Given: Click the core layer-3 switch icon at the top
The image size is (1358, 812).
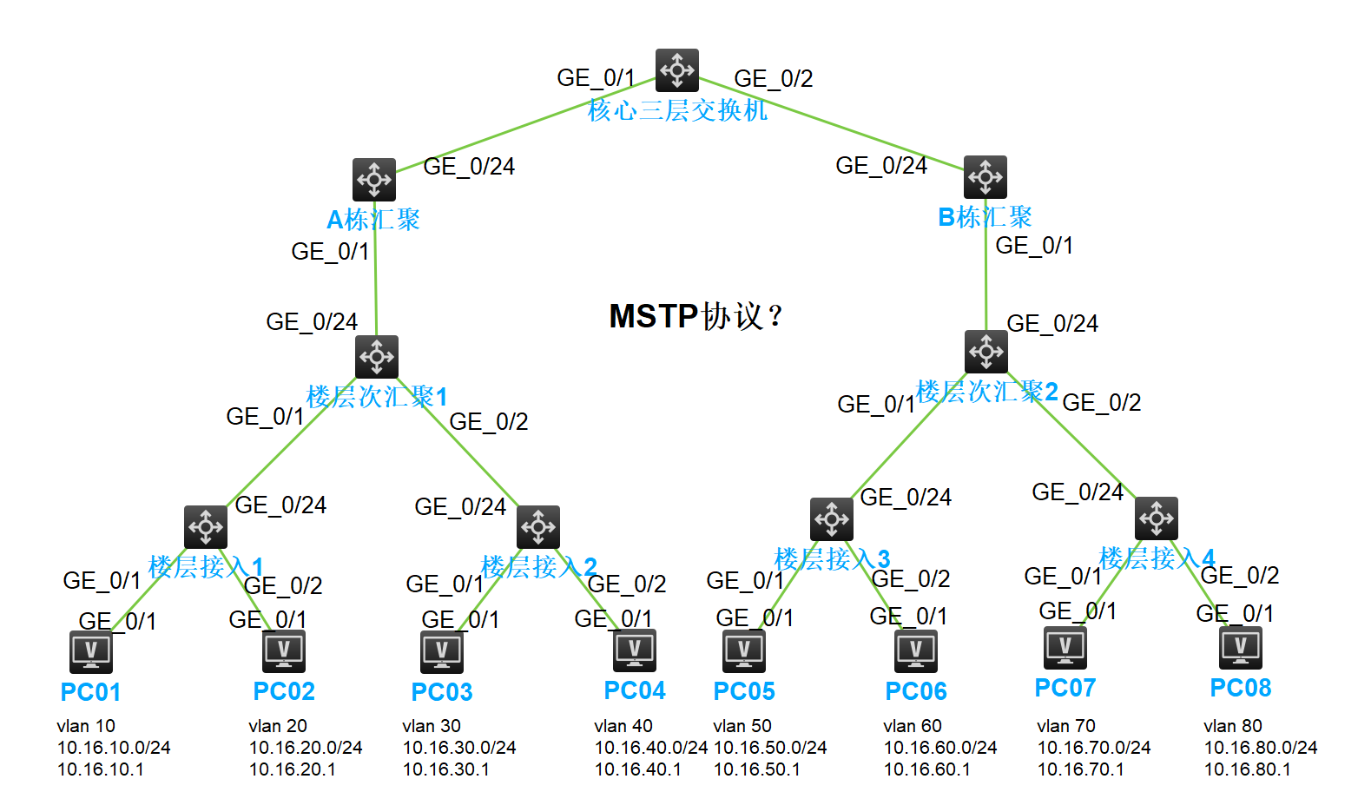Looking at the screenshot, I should coord(677,70).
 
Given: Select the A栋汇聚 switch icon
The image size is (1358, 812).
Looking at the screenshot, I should coord(374,180).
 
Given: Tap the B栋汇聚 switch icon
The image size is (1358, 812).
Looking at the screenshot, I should coord(986,177).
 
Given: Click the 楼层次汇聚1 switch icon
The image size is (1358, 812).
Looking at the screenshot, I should coord(377,357).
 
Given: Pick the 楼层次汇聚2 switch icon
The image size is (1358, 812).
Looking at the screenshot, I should coord(986,352).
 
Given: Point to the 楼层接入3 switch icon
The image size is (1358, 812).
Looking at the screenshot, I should coord(832,519).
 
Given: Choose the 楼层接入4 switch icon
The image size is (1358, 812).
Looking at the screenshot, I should coord(1157,518).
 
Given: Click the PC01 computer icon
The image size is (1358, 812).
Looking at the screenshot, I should coord(91,651).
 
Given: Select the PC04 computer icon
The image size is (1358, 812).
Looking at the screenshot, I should coord(635,650).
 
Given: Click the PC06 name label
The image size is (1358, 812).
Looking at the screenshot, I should coord(916,691).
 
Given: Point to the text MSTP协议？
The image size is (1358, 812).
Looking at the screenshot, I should coord(695,316).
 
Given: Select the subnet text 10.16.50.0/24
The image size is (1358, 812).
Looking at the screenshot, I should coord(770,748).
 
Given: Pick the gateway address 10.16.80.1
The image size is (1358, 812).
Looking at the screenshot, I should coord(1247,769).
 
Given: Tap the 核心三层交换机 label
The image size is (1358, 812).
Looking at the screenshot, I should coord(677,110).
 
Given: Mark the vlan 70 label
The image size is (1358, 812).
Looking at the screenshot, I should coord(1066,726).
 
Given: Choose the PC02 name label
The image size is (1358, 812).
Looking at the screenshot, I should coord(284,691).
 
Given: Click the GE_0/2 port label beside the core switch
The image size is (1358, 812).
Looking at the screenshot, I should coord(774,79).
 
